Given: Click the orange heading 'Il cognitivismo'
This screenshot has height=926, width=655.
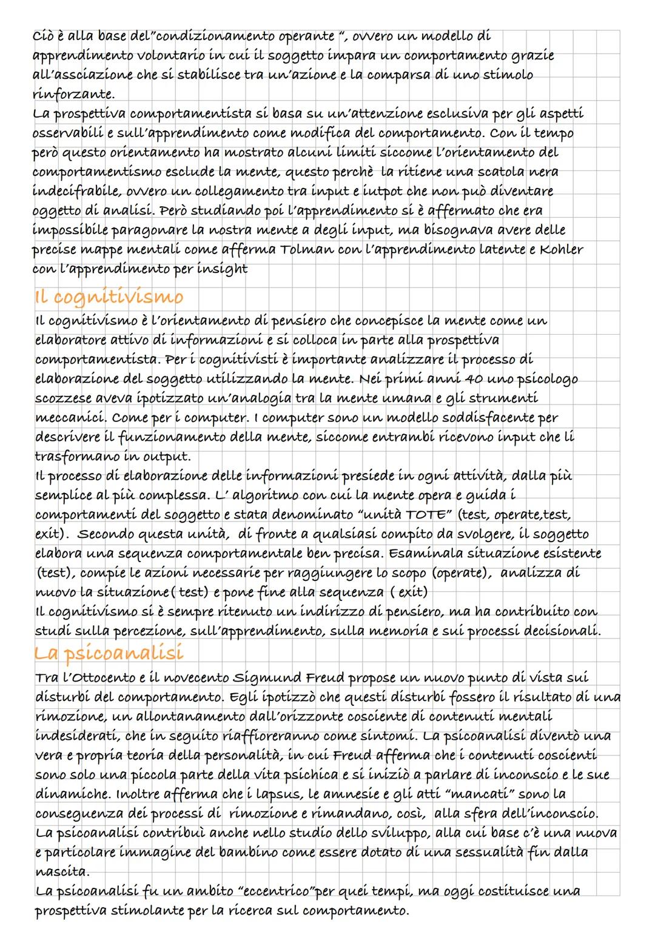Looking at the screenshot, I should click(x=107, y=297).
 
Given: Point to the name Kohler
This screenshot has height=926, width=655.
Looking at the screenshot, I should click(x=557, y=250).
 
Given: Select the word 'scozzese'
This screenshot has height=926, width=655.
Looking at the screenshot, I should click(x=63, y=398).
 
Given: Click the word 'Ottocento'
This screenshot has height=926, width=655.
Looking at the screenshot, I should click(x=99, y=677).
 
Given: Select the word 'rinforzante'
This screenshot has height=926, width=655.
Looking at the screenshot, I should click(x=72, y=94).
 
